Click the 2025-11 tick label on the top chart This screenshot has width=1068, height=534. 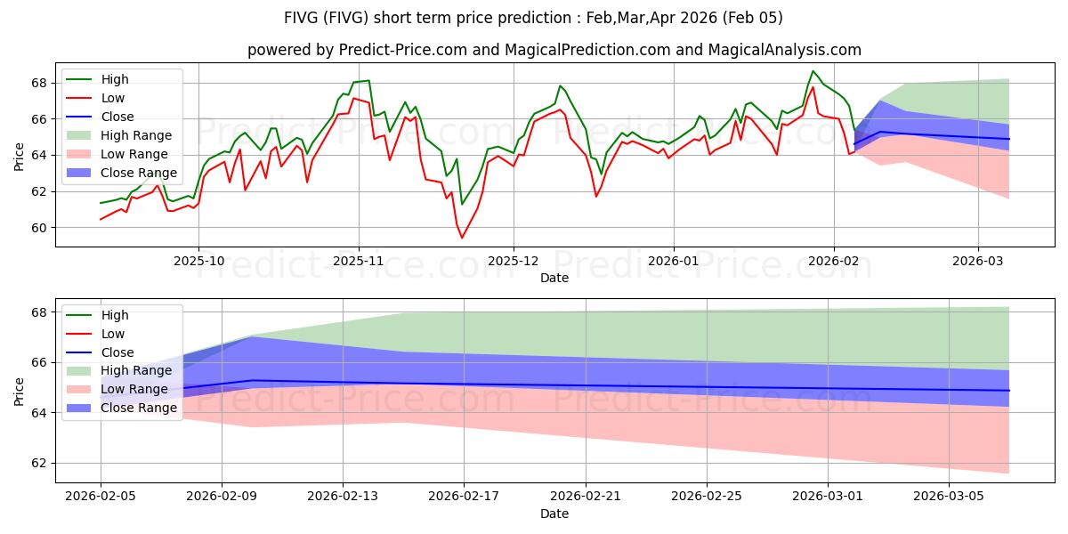358,262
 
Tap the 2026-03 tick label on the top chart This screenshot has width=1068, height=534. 978,262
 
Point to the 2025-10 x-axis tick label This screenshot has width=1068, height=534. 198,262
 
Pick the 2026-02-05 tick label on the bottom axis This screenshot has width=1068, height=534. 100,496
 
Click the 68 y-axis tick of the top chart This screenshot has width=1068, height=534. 39,83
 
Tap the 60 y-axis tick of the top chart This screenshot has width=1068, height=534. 39,228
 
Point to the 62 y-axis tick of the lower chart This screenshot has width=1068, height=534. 39,463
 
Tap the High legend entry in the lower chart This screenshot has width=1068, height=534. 115,315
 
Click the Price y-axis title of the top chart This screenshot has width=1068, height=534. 20,156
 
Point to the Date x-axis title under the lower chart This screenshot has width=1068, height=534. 554,514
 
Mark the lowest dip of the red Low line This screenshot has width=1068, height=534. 462,238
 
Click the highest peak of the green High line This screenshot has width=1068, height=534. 813,71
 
